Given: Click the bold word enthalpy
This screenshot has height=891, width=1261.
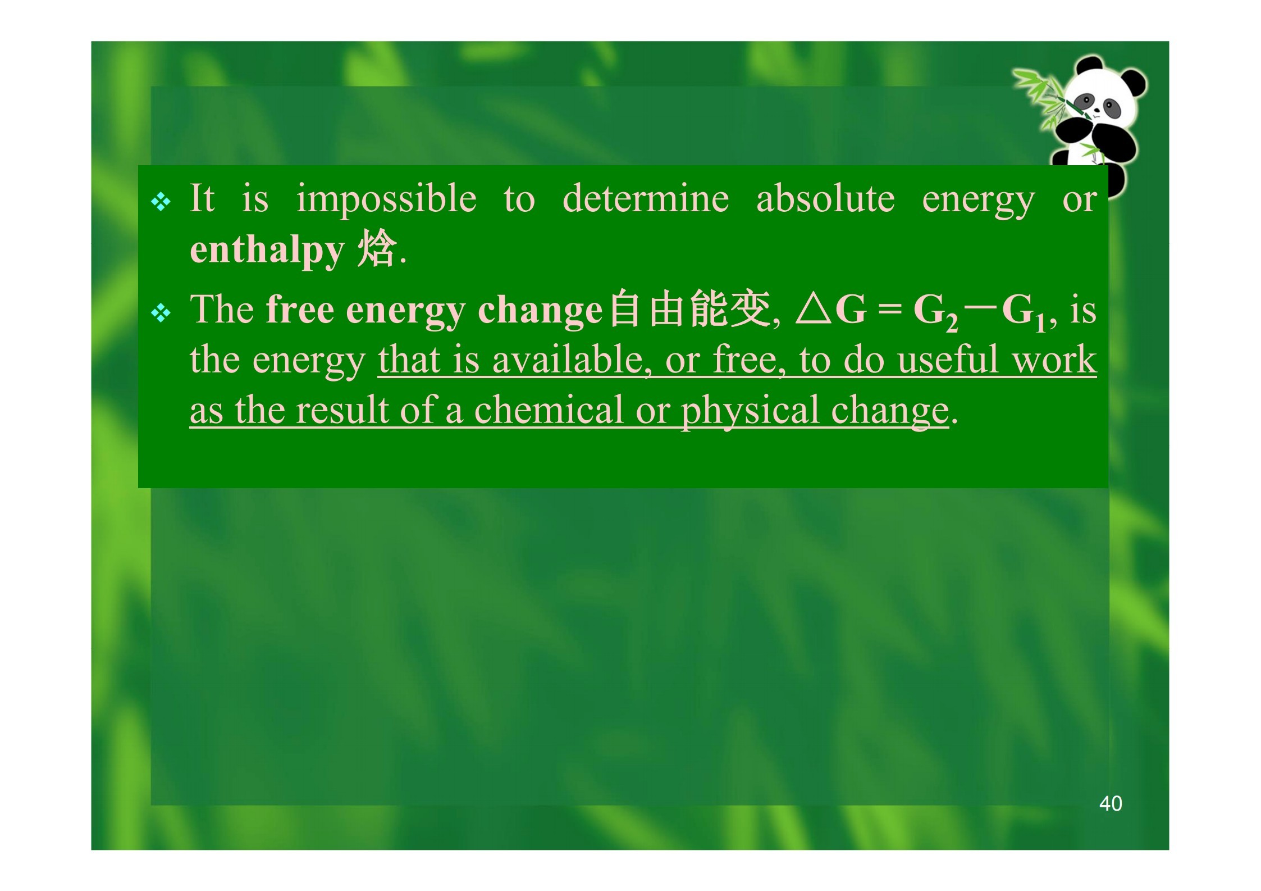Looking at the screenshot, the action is (267, 250).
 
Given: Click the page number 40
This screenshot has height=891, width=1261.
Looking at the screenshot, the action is (1111, 804).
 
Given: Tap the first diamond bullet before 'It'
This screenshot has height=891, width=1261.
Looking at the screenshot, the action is (161, 202).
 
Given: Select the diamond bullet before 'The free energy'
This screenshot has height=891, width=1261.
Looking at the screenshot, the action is (161, 313).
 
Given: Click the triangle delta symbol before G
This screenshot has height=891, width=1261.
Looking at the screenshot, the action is (814, 310).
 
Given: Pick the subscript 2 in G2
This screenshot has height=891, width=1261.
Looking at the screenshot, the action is (952, 323).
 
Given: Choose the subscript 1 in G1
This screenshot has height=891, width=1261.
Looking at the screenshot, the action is (1040, 323).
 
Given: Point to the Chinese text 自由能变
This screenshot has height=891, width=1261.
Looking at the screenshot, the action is (690, 308).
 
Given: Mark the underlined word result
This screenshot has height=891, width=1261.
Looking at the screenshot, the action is (342, 410).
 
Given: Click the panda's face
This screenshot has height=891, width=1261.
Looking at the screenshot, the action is (1098, 101).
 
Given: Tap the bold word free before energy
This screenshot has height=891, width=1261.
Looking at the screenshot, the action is (300, 310).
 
